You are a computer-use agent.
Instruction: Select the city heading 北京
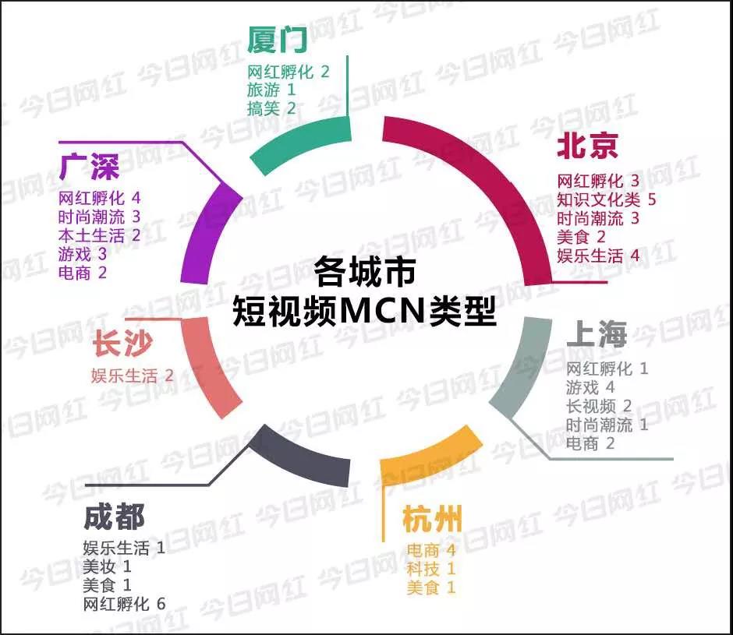[x=587, y=146]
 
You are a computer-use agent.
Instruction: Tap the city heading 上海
[x=596, y=334]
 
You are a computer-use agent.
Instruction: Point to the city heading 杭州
[x=432, y=519]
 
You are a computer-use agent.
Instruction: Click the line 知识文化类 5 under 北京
[x=607, y=199]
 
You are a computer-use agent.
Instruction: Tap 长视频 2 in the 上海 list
[x=599, y=406]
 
